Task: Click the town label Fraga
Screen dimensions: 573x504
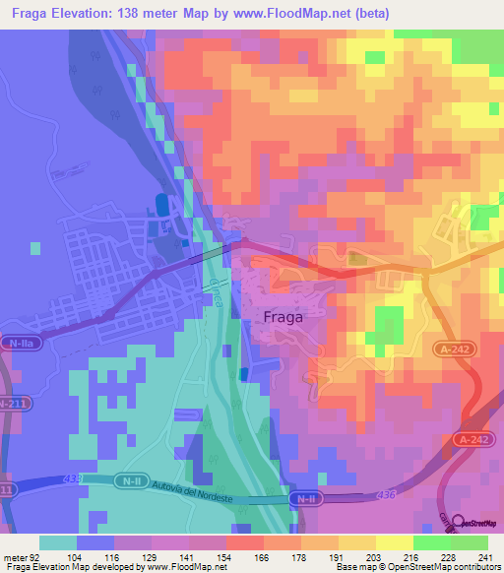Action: click(283, 318)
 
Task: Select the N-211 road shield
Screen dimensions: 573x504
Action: click(13, 404)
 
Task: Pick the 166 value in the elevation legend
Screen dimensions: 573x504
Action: click(262, 556)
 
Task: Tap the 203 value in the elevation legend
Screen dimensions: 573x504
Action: click(371, 556)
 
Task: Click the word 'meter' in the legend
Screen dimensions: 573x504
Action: click(15, 556)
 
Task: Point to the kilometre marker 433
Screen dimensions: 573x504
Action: click(70, 479)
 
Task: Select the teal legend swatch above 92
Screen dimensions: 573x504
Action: click(57, 542)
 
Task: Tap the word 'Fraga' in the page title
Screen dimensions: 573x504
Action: click(28, 14)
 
